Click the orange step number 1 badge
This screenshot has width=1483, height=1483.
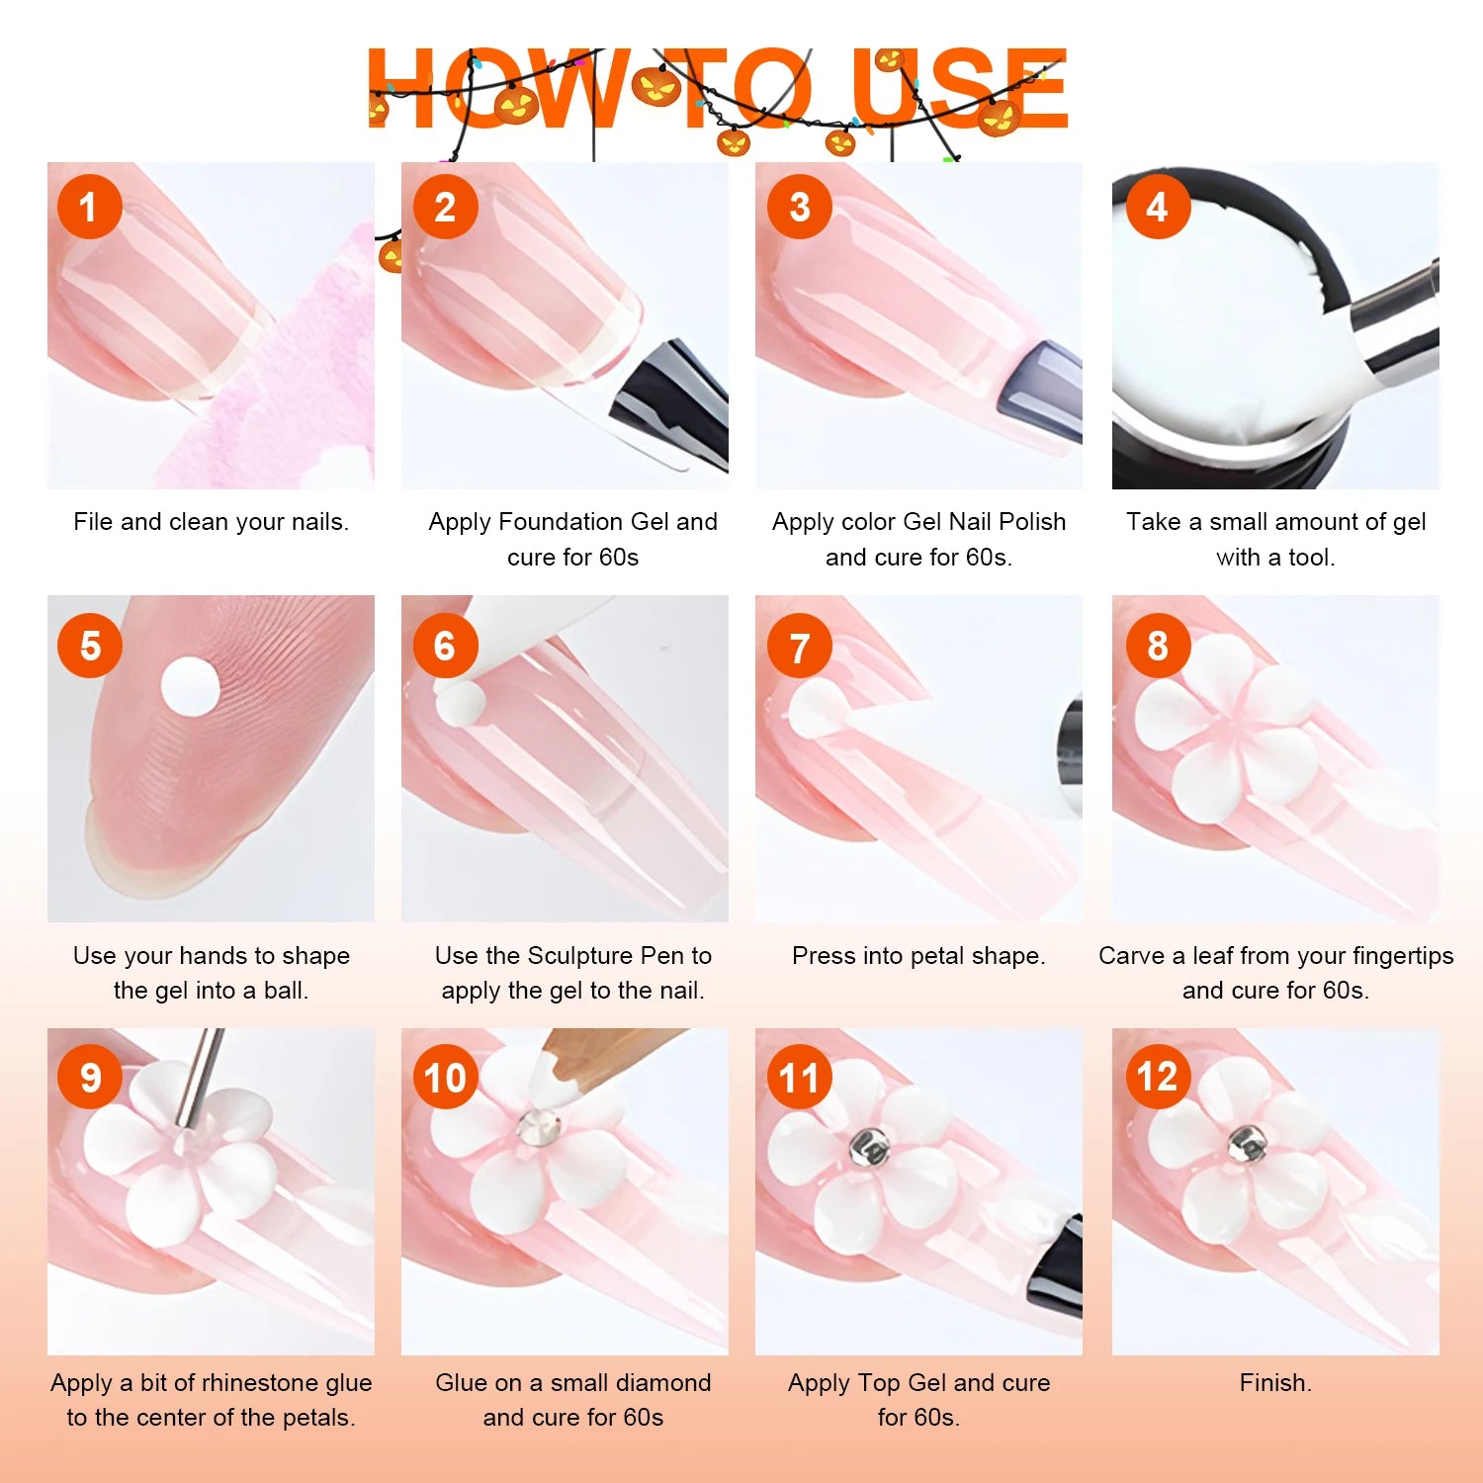click(89, 207)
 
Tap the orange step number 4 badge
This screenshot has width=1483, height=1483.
click(1157, 207)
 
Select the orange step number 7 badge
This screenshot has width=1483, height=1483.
click(800, 647)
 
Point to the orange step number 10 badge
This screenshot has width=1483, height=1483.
click(446, 1077)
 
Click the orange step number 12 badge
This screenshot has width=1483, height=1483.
click(1158, 1077)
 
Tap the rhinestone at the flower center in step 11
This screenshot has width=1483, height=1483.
click(870, 1147)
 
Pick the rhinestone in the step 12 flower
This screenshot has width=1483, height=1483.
click(1247, 1145)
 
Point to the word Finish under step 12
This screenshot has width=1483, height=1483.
click(1273, 1382)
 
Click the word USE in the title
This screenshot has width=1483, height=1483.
click(960, 89)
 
